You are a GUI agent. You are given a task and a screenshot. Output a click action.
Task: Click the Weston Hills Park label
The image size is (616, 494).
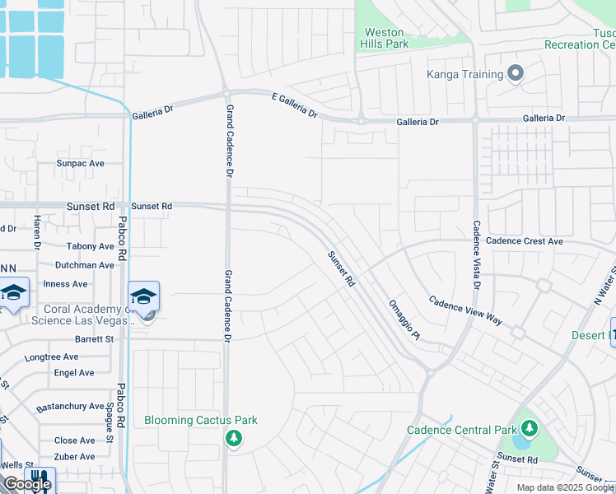(385, 38)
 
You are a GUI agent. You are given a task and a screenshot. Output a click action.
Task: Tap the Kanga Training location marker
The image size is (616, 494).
(516, 74)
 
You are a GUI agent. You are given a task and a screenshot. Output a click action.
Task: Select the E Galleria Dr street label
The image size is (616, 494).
(295, 105)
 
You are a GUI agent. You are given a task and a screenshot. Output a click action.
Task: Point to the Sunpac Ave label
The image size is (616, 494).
(80, 163)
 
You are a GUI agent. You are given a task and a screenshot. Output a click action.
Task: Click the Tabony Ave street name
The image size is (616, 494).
(90, 246)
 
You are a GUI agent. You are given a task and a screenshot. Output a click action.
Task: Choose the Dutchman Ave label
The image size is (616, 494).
(84, 265)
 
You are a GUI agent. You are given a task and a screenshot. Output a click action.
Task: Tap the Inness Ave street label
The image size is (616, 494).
(65, 284)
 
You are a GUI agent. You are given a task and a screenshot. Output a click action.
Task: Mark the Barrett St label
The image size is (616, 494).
(93, 338)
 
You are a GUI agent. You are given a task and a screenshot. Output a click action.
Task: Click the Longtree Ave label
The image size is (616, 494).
(51, 357)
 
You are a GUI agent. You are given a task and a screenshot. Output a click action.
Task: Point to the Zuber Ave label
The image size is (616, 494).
(74, 456)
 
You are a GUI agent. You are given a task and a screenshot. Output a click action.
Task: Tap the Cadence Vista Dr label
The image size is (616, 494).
(476, 255)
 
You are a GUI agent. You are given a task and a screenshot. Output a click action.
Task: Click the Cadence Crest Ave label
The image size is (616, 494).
(524, 241)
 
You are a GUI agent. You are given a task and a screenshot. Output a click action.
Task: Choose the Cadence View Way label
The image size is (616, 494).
(465, 310)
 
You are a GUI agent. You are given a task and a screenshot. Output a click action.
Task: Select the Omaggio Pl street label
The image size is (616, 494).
(404, 320)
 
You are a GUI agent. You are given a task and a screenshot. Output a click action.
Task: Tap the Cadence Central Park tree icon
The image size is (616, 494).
(529, 429)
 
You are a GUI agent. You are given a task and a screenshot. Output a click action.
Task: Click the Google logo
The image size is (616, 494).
(26, 484)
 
